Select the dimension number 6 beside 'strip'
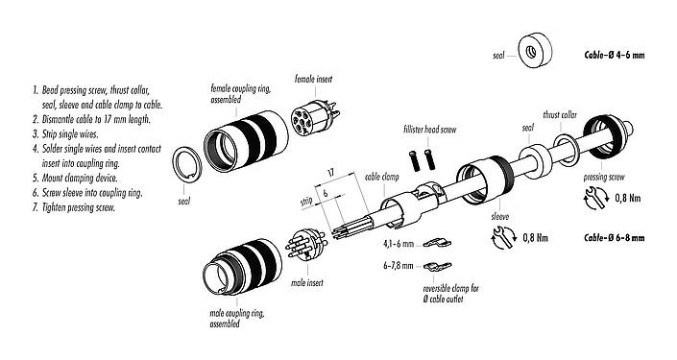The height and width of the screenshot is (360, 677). [326, 192]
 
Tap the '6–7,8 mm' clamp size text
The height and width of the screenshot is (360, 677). [397, 267]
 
